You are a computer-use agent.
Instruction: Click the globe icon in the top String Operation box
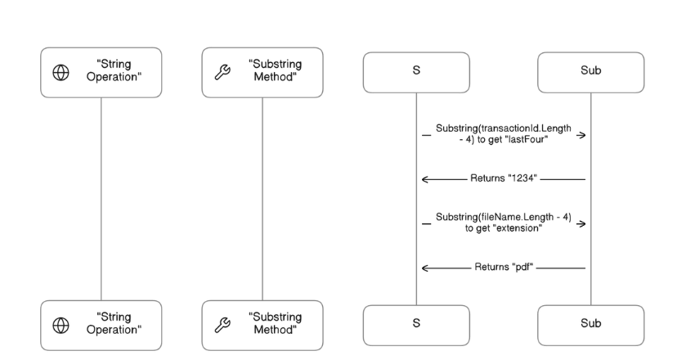(x=61, y=73)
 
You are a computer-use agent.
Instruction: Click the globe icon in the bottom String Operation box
(x=61, y=325)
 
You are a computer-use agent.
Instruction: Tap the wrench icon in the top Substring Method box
(x=222, y=73)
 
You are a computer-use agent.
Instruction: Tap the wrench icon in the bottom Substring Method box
(x=222, y=325)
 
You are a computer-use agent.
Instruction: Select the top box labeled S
(x=416, y=72)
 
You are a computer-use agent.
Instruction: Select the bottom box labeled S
(x=416, y=324)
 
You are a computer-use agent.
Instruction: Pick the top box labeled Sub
(x=590, y=72)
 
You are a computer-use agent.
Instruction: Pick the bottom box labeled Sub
(x=590, y=324)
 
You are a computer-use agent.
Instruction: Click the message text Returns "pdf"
(x=503, y=268)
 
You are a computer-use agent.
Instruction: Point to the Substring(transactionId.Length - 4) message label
(x=503, y=134)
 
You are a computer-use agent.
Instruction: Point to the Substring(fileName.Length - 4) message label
(x=503, y=223)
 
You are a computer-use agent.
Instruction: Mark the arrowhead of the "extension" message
(x=581, y=223)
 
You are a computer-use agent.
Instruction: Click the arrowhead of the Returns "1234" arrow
(x=425, y=178)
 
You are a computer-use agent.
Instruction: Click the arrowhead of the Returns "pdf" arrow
(x=425, y=268)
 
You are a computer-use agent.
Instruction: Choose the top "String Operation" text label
(x=115, y=73)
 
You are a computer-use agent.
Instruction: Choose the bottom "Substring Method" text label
(x=276, y=325)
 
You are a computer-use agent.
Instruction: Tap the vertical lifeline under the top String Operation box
(x=101, y=196)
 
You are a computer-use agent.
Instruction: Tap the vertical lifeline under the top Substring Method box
(x=262, y=196)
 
